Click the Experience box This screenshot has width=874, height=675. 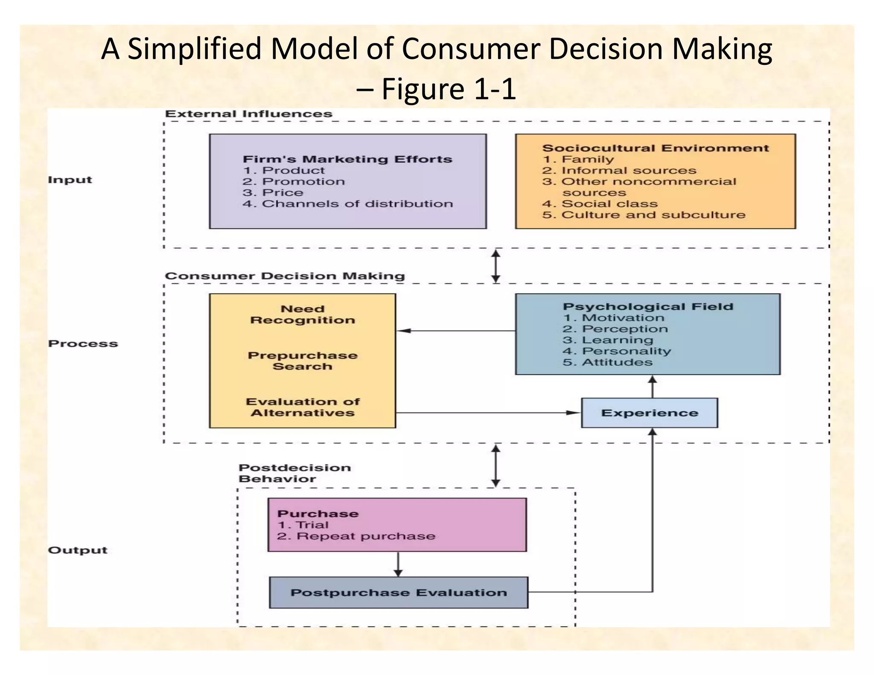(x=649, y=413)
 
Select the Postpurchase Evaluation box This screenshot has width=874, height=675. (x=398, y=592)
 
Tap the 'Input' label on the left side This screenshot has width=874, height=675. (x=70, y=180)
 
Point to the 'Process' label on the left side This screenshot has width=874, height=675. (x=83, y=343)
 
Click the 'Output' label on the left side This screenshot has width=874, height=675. (x=77, y=550)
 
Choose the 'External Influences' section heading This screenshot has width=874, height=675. (x=248, y=114)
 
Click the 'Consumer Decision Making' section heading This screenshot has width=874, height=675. (x=285, y=276)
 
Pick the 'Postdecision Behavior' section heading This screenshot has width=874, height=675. (x=294, y=473)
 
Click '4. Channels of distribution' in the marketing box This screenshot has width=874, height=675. (x=347, y=204)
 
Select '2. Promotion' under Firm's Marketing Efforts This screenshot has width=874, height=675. (x=294, y=181)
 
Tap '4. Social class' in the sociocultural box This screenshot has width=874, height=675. (x=600, y=204)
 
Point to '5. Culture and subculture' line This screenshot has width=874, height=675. (x=644, y=215)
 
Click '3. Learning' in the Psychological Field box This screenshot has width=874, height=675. (x=608, y=340)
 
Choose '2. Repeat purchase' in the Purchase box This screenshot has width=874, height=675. (x=356, y=536)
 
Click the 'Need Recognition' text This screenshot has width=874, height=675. (x=302, y=314)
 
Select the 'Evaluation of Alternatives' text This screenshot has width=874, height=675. (x=302, y=407)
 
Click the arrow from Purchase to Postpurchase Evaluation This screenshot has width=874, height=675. (x=398, y=564)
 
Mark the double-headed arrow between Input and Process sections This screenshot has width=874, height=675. (x=495, y=266)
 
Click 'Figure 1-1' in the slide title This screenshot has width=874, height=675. (x=448, y=89)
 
